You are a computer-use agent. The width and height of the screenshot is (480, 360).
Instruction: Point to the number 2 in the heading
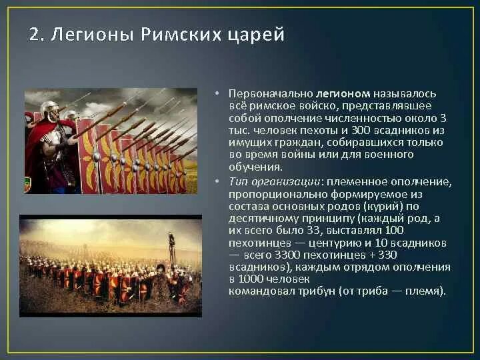coord(34,34)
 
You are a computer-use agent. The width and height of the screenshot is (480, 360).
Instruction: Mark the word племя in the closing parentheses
coord(424,291)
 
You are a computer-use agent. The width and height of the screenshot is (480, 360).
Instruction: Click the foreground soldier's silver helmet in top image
coord(49,109)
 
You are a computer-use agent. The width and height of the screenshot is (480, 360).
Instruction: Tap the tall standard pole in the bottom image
coord(171,257)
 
